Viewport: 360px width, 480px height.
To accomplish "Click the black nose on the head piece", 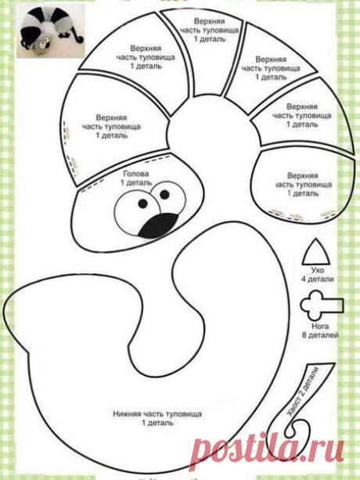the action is (x=159, y=226).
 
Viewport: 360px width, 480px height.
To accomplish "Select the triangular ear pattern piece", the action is (x=317, y=253).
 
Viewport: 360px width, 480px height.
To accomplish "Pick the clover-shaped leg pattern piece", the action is (x=321, y=305).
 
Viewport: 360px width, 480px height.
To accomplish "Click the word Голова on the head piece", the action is (x=136, y=174).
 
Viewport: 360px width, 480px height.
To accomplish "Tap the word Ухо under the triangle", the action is (x=318, y=270).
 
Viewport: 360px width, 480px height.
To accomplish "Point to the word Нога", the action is (x=320, y=326).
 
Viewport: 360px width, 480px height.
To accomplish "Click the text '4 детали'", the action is (x=318, y=279).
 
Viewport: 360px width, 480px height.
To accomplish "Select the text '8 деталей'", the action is (x=320, y=335).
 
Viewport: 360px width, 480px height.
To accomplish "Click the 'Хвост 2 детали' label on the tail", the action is (x=303, y=391).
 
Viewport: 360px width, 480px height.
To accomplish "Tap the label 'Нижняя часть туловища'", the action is (x=157, y=414).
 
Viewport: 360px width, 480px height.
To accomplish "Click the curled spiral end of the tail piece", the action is (x=294, y=429).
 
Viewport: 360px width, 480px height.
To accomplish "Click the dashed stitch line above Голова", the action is (x=157, y=159).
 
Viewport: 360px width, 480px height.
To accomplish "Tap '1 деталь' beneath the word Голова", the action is (x=136, y=182).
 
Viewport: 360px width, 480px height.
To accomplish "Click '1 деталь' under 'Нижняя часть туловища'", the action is (x=157, y=423).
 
